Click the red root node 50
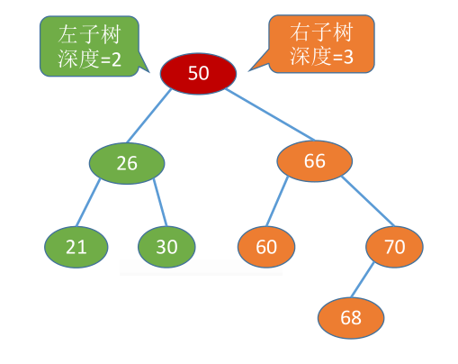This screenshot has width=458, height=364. point(198,73)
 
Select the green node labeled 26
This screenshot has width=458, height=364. point(127,163)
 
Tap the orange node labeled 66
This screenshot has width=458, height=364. point(314,162)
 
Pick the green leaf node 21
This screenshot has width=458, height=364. point(76,245)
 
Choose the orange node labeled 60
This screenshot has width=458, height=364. point(267,245)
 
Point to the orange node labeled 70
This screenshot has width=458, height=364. point(395,245)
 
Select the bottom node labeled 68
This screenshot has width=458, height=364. point(351,316)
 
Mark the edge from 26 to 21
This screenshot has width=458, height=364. point(88,205)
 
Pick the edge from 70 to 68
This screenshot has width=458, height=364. point(371,280)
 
